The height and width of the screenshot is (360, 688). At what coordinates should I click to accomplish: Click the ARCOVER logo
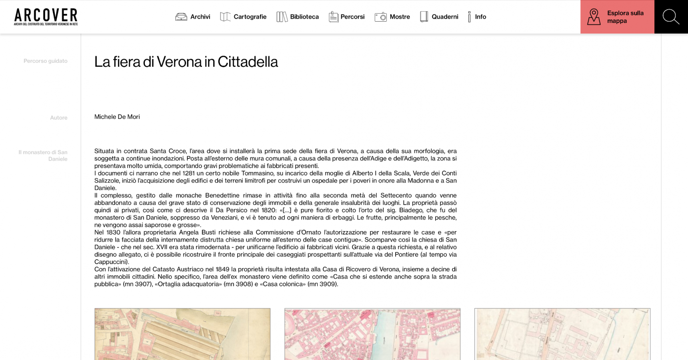coord(46,17)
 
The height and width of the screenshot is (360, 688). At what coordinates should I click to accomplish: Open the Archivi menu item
coord(193,17)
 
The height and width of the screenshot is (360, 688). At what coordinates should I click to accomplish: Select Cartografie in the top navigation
coord(243,17)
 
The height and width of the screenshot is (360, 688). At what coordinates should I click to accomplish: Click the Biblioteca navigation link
coord(298,17)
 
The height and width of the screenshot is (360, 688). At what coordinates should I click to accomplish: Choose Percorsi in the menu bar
coord(347,17)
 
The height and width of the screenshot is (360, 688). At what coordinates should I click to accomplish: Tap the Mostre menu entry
coord(392,17)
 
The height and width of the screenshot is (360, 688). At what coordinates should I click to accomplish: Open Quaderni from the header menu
coord(439,17)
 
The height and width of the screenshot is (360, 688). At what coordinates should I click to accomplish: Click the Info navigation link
coord(477,17)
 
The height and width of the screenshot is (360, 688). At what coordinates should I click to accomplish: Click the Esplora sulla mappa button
coord(617,17)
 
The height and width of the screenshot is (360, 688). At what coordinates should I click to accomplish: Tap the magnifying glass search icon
coord(671,17)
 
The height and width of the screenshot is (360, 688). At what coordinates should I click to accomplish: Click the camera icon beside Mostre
coord(381,17)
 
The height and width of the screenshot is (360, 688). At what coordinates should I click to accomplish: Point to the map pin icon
coord(594,17)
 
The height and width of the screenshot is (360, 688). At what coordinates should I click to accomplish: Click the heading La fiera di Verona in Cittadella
coord(186,62)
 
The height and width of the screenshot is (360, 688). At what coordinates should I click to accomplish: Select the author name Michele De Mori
coord(117,117)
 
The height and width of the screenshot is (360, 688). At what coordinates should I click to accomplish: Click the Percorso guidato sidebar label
coord(46,61)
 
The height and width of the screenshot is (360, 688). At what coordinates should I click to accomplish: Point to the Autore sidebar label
coord(59,118)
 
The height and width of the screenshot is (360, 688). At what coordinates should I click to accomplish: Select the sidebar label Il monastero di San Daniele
coord(43,156)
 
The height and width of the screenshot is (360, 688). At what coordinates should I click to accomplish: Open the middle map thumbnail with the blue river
coord(372,334)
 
